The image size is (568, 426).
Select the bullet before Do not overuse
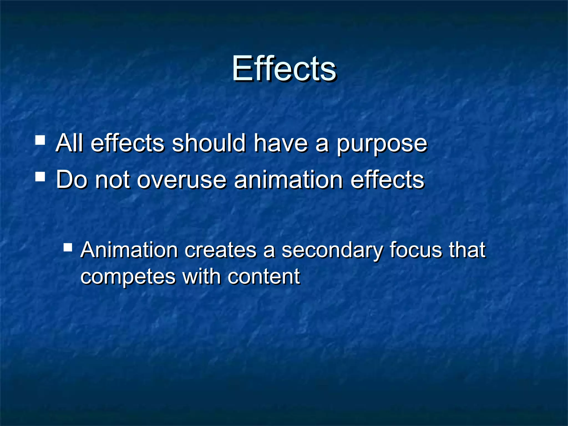(40, 176)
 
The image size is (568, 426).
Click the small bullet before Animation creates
(68, 247)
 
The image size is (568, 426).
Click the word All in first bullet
(69, 143)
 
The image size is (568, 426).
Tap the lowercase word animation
(288, 180)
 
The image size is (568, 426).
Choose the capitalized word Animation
(129, 250)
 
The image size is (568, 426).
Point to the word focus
(416, 250)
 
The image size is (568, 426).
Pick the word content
(264, 277)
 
